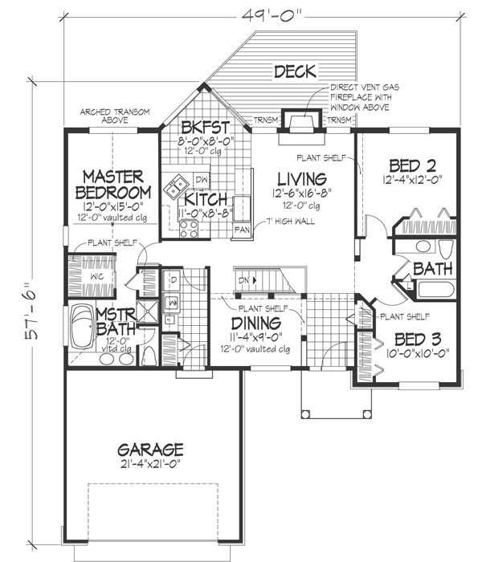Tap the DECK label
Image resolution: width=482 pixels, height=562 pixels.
pyautogui.click(x=296, y=73)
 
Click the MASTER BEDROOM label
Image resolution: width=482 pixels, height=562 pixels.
pyautogui.click(x=112, y=185)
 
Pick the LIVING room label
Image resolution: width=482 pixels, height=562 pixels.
pyautogui.click(x=302, y=178)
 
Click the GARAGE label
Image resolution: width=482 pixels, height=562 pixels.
pyautogui.click(x=150, y=450)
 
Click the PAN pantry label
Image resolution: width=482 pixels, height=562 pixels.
pyautogui.click(x=240, y=230)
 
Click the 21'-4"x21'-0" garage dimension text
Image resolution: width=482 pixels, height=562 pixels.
pyautogui.click(x=150, y=466)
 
